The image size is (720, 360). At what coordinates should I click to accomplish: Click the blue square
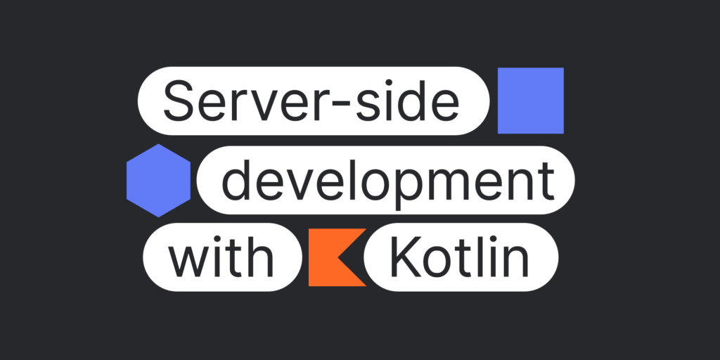point(530,101)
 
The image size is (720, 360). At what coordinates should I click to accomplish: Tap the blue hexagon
point(158,181)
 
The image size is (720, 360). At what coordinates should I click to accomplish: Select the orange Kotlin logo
point(337,257)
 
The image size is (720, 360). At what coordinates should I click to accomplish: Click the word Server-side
point(311,101)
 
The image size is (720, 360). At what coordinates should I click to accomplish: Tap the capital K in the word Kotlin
point(406,258)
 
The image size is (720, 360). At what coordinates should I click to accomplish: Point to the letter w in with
point(190,262)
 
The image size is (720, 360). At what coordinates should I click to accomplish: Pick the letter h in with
point(261,257)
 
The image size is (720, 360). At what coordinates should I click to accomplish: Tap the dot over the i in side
point(388,83)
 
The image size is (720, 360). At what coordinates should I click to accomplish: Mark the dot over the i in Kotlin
point(491,240)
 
